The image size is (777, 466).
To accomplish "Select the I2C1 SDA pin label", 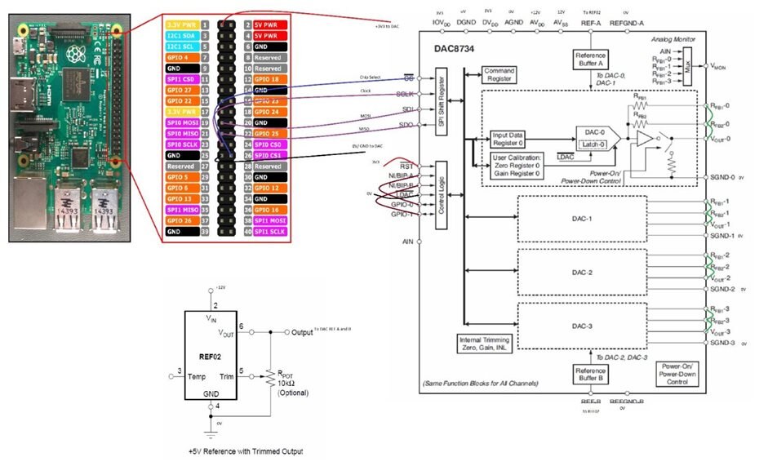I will point(181,37).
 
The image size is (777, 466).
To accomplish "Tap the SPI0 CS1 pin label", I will point(271,154).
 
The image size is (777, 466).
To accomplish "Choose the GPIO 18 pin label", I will point(269,78).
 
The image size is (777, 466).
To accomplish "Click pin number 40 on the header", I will point(246,231).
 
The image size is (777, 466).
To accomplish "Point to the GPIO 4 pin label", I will point(181,58).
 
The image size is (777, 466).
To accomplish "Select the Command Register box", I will point(499,75).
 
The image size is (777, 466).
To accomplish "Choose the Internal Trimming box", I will point(486,344).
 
